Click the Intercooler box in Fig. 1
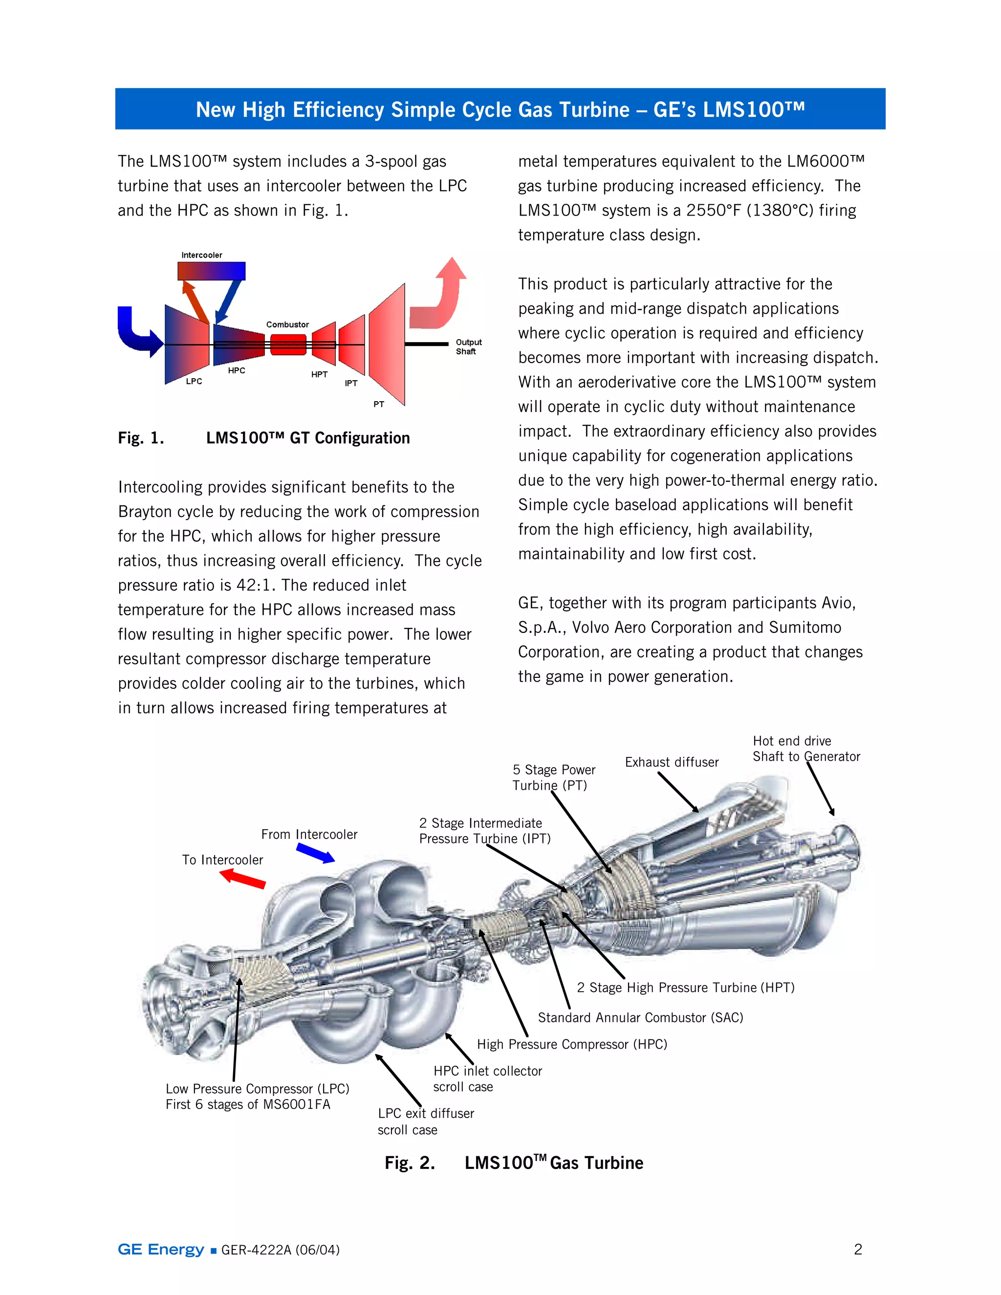(x=211, y=271)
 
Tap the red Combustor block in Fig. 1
(x=288, y=345)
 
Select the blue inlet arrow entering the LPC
(x=136, y=334)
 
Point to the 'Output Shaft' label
(x=468, y=347)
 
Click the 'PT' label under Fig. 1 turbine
(x=378, y=405)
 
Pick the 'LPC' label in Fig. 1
(x=194, y=381)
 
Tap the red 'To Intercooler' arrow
(x=242, y=879)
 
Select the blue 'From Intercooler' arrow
(x=315, y=853)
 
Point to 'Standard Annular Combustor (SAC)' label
(x=640, y=1018)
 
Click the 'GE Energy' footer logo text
(x=161, y=1250)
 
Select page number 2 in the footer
(x=857, y=1250)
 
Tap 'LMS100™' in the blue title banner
(x=754, y=109)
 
